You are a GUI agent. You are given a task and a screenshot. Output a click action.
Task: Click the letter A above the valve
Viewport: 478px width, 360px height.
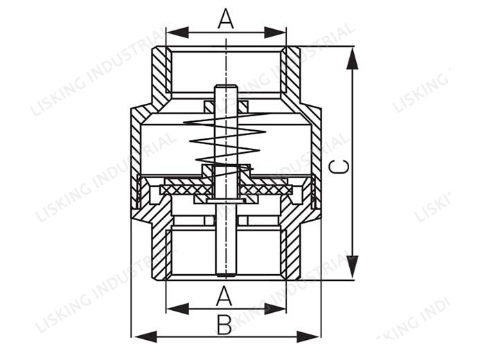[226, 19]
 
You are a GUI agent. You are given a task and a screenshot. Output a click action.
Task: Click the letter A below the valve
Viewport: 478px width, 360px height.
[224, 296]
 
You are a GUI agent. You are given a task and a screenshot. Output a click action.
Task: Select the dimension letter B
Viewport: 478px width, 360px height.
[224, 325]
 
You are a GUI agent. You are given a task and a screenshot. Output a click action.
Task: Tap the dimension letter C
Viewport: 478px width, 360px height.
[339, 166]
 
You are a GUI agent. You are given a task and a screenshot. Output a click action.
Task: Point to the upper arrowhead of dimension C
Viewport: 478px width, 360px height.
[353, 58]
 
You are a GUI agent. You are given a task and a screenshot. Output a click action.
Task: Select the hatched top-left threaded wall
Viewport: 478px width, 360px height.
[160, 73]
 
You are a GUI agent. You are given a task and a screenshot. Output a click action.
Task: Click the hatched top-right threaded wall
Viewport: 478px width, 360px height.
[292, 73]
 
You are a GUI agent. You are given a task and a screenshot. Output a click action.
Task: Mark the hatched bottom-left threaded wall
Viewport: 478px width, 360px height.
[159, 249]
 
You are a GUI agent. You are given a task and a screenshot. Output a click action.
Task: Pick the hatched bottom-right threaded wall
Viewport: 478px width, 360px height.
[292, 249]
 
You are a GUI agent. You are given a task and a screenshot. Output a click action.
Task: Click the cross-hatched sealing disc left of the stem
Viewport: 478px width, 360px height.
[184, 189]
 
